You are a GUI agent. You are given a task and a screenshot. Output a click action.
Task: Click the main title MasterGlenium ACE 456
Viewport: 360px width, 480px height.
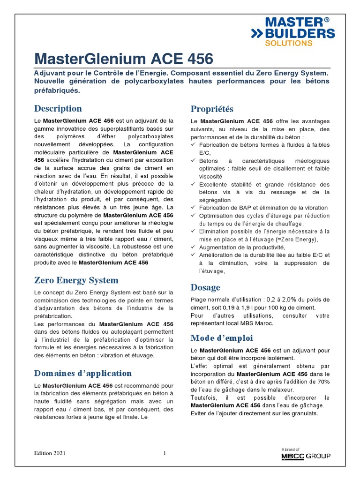124,59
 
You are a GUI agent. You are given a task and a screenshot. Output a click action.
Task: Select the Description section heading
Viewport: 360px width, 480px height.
58,108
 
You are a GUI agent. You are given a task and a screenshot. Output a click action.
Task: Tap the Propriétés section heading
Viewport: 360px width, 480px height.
212,109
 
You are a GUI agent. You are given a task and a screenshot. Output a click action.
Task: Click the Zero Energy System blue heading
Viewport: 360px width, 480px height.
76,280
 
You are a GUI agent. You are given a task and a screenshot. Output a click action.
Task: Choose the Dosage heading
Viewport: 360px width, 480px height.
205,287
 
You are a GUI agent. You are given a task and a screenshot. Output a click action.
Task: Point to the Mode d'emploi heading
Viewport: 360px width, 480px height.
222,337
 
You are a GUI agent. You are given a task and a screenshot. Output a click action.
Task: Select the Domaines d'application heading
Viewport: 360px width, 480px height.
83,373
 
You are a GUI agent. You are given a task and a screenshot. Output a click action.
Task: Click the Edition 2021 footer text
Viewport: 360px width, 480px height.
50,453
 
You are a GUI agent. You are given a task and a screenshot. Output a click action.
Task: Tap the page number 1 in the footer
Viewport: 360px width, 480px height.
165,453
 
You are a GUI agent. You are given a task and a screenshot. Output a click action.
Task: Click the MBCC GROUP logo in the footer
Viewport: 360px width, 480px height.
306,456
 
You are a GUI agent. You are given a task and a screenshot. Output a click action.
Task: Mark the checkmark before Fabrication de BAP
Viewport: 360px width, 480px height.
194,208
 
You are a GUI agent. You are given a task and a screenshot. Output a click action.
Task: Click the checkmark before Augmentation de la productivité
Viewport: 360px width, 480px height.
194,247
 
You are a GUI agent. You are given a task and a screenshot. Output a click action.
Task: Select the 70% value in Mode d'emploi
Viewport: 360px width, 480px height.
323,382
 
